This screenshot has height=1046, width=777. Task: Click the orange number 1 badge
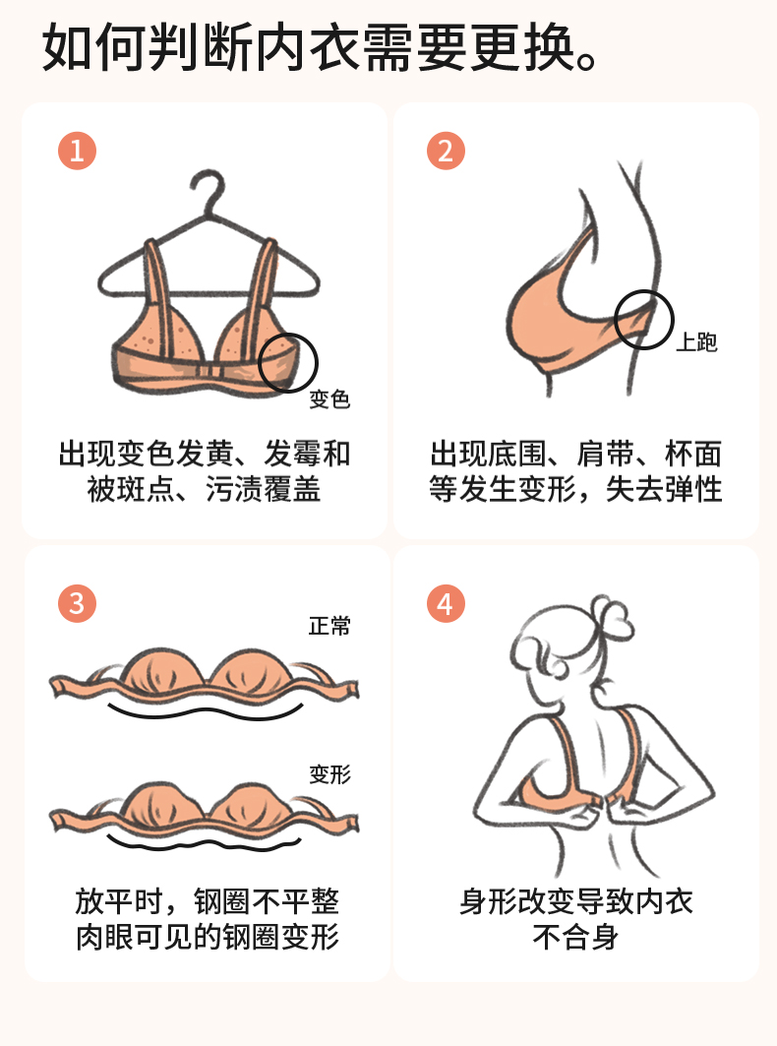pyautogui.click(x=78, y=151)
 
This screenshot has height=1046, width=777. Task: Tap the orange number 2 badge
pyautogui.click(x=446, y=151)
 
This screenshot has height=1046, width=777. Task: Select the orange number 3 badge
pyautogui.click(x=78, y=604)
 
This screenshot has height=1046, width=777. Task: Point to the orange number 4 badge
pyautogui.click(x=446, y=604)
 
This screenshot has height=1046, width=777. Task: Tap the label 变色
pyautogui.click(x=329, y=399)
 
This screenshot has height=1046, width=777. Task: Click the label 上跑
pyautogui.click(x=697, y=342)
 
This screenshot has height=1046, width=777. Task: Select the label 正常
pyautogui.click(x=329, y=626)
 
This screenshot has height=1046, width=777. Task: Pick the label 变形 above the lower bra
pyautogui.click(x=329, y=774)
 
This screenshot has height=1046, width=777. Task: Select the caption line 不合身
pyautogui.click(x=575, y=937)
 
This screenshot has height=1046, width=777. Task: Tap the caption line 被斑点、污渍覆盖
pyautogui.click(x=205, y=489)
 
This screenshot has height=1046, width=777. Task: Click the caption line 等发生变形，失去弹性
pyautogui.click(x=575, y=489)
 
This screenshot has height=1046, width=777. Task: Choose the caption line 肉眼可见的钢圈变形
pyautogui.click(x=208, y=937)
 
